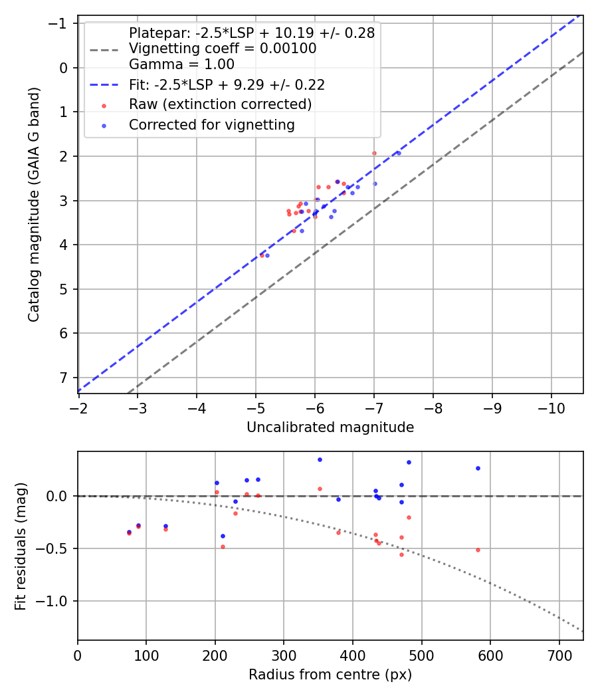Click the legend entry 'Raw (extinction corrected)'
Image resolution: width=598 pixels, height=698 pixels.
click(x=220, y=104)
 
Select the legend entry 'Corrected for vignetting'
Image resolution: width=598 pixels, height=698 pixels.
click(x=211, y=124)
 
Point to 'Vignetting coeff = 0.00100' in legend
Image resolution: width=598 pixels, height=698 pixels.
click(x=223, y=49)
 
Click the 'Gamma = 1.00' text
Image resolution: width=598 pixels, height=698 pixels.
click(x=181, y=64)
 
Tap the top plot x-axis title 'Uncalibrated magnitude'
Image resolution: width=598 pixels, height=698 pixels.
click(x=330, y=427)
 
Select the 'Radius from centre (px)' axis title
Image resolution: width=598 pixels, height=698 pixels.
click(x=330, y=675)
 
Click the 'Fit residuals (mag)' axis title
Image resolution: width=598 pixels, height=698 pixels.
click(x=20, y=546)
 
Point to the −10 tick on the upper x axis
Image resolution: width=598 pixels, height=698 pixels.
click(x=551, y=407)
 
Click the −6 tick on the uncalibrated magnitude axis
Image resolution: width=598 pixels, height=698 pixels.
click(x=315, y=407)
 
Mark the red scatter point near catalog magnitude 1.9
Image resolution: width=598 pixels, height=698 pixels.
click(x=374, y=153)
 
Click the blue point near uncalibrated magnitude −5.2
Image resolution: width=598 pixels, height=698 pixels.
click(x=267, y=255)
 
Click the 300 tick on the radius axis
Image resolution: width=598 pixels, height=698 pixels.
click(x=284, y=654)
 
